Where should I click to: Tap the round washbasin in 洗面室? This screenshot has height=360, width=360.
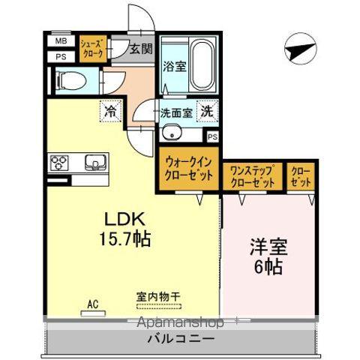(172, 135)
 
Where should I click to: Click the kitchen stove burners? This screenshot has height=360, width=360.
(60, 162)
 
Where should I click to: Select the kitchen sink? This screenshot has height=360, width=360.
(96, 162)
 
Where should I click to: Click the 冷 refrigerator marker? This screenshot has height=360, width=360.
(111, 110)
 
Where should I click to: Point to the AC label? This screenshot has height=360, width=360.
(93, 304)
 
